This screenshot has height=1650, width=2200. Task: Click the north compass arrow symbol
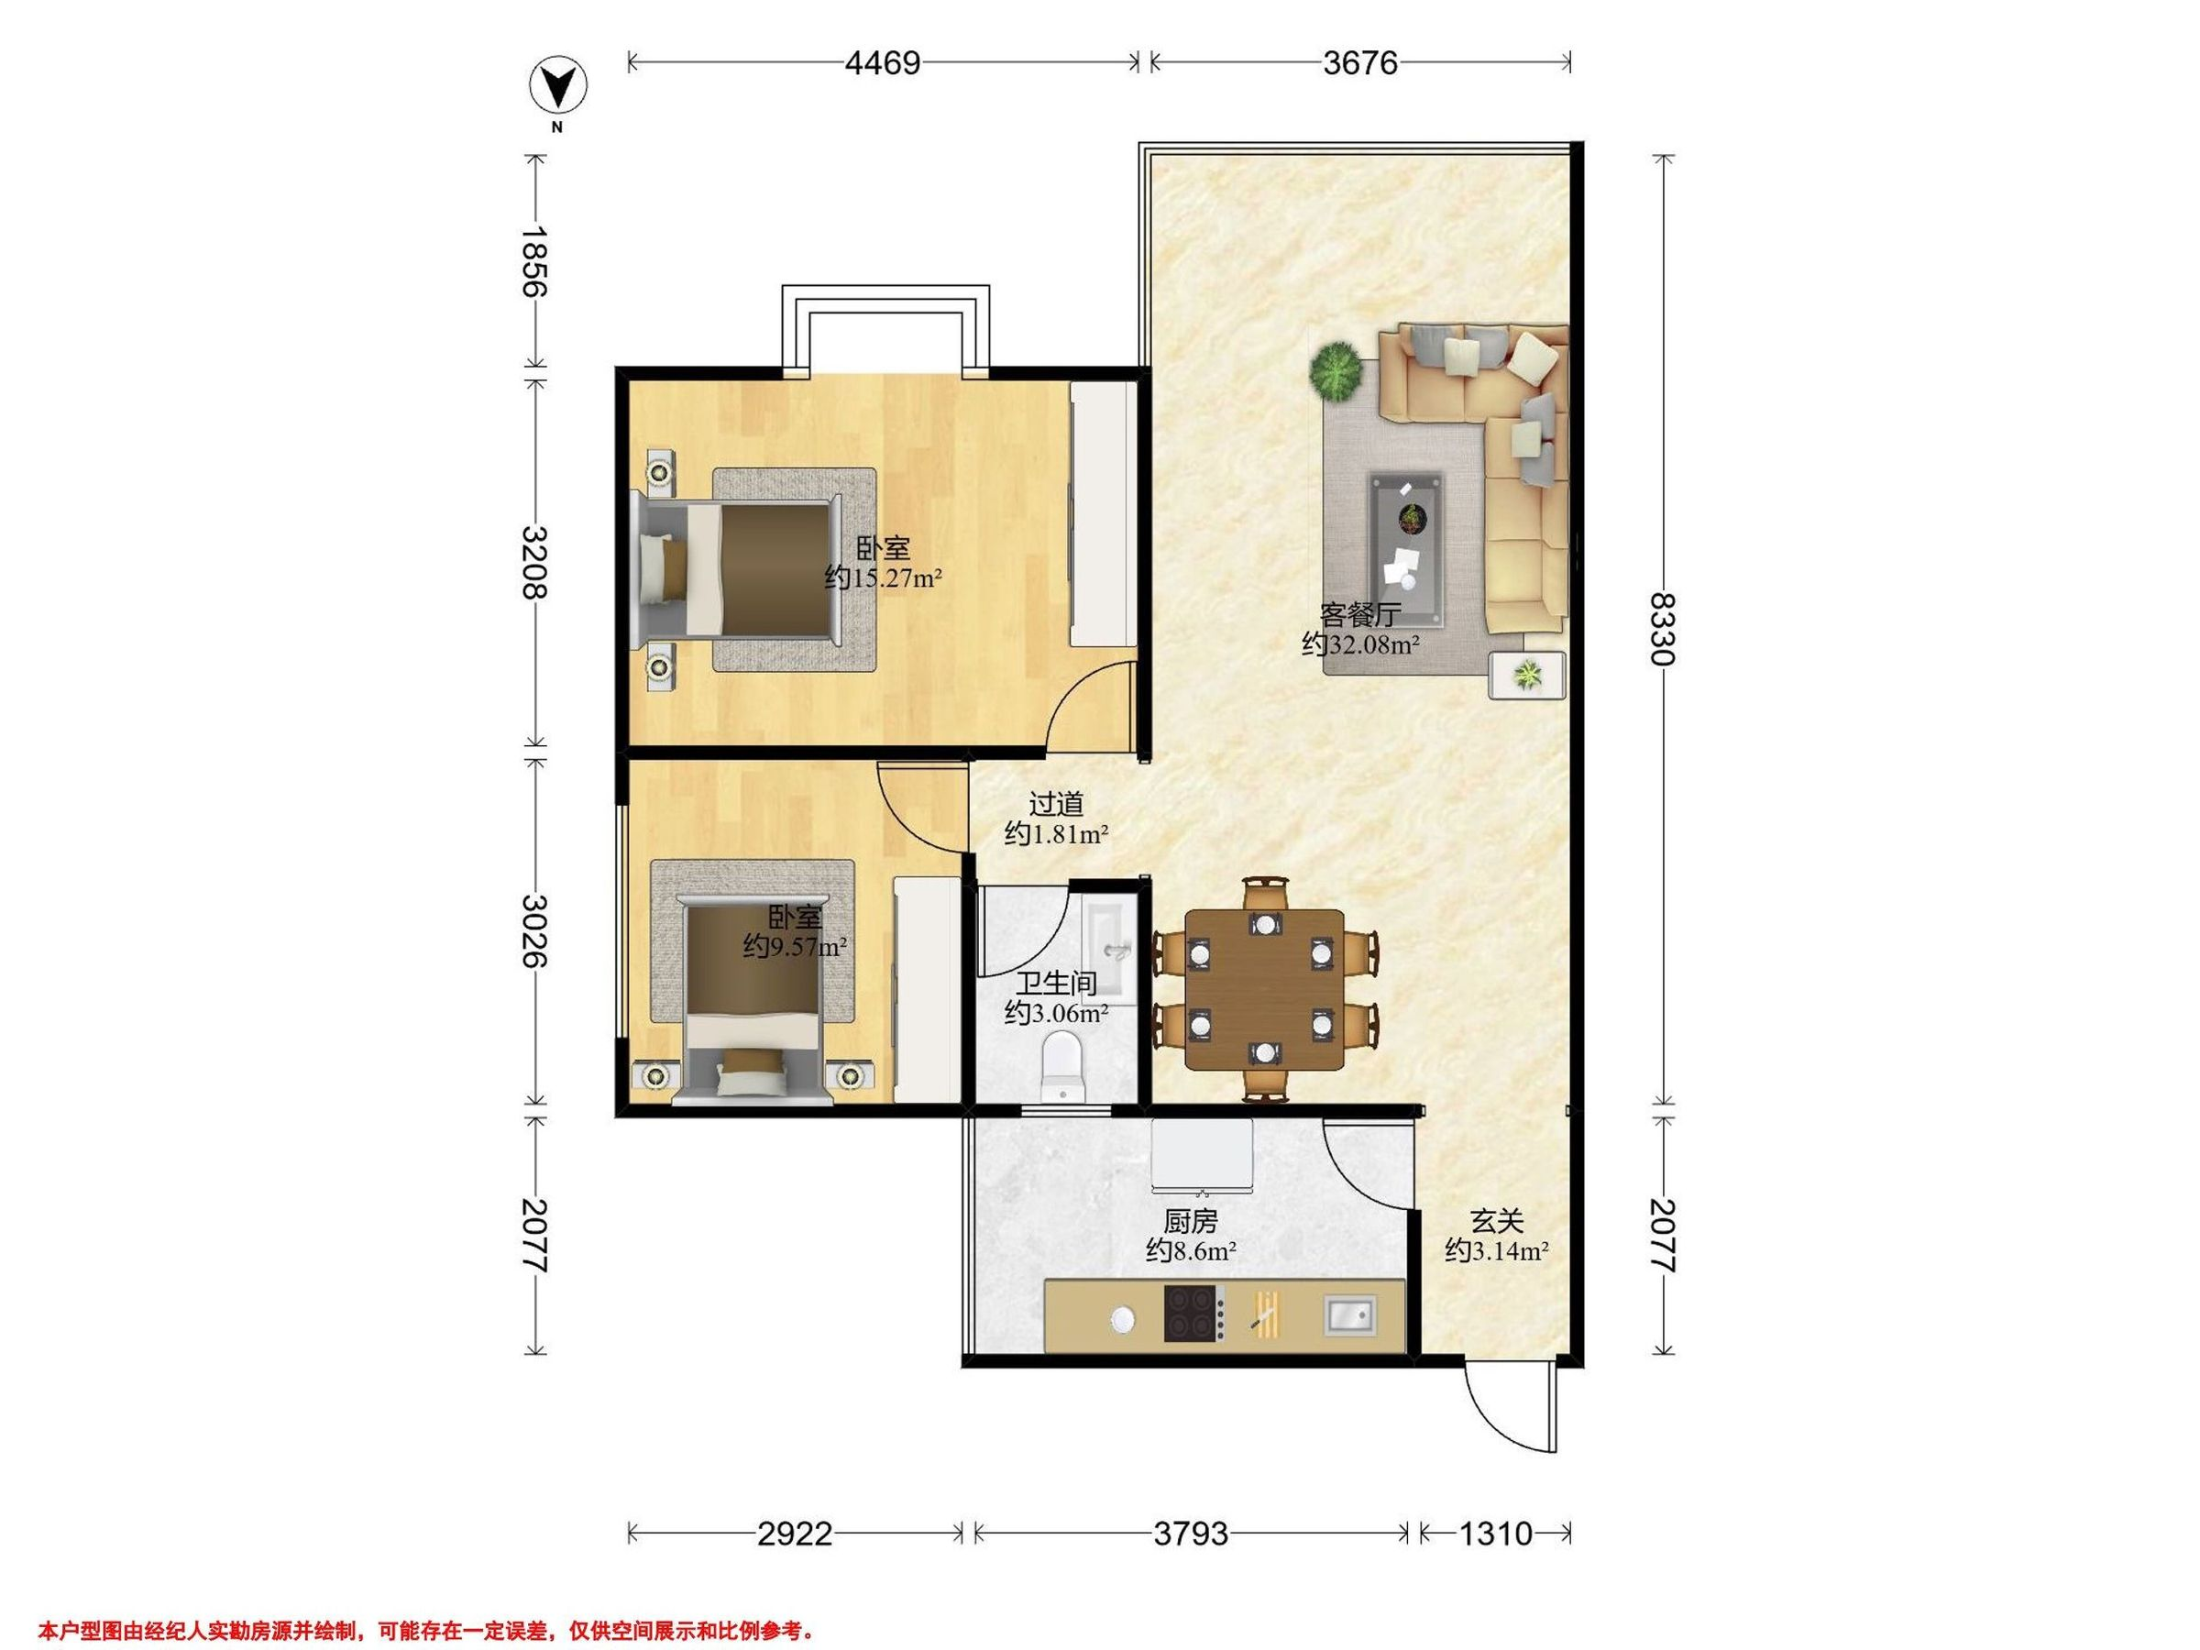(558, 87)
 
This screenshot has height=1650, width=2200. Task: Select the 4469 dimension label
(882, 62)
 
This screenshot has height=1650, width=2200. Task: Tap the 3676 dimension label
(1359, 62)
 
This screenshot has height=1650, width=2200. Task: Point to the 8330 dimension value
(1661, 629)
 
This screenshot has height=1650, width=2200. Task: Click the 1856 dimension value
(534, 261)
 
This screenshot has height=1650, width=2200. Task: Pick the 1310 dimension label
(1495, 1534)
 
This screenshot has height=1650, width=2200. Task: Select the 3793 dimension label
(1191, 1534)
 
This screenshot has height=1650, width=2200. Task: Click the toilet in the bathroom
(1062, 1065)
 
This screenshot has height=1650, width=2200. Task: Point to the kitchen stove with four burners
(1194, 1314)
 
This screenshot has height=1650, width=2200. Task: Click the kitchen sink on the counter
(1350, 1315)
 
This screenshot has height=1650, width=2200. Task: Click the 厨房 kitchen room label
(1191, 1220)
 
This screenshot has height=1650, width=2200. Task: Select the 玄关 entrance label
(1497, 1220)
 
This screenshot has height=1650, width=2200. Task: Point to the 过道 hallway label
(1055, 803)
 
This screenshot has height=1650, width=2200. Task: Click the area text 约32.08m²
(1360, 644)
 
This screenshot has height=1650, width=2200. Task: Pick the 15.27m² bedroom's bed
(737, 570)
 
